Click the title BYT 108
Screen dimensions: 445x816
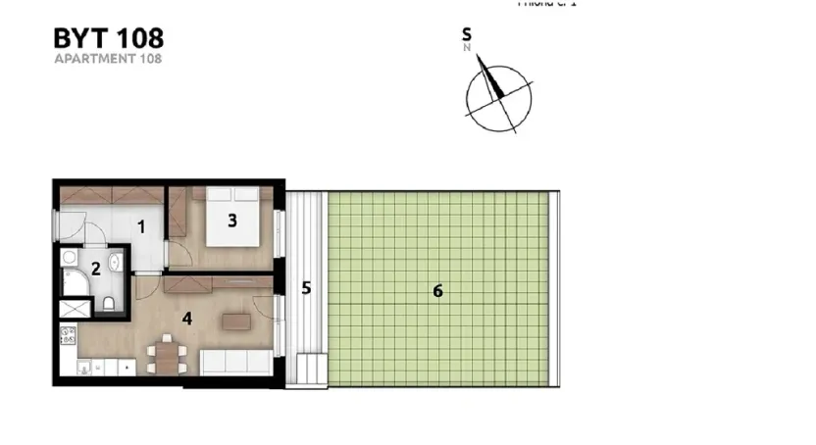tap(108, 39)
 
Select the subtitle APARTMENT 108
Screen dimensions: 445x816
tap(108, 59)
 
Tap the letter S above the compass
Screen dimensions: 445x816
tap(467, 34)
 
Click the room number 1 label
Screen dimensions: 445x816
tap(141, 227)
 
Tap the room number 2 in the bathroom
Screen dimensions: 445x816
tap(95, 267)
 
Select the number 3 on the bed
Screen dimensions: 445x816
tap(232, 221)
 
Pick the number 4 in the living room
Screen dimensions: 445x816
tap(186, 318)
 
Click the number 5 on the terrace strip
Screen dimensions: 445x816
tap(306, 288)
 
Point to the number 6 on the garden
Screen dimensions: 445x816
tap(437, 290)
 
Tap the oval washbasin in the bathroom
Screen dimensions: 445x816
tap(116, 261)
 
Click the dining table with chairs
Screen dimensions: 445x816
tap(166, 355)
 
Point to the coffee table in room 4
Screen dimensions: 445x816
tap(235, 321)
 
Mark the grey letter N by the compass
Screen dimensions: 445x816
tap(468, 46)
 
